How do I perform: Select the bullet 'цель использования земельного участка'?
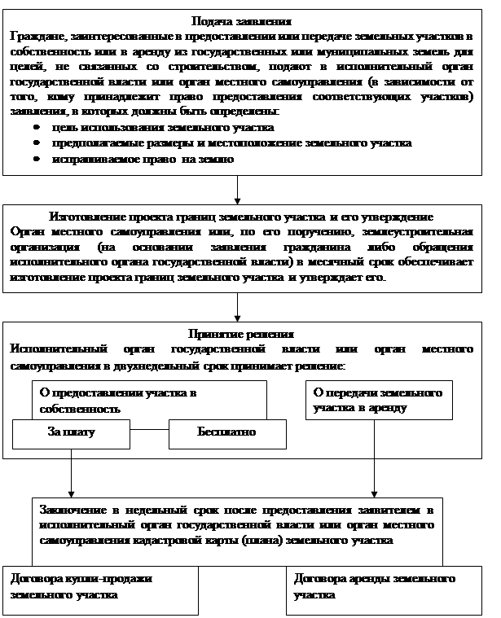[162, 128]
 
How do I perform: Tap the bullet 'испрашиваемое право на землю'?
[143, 159]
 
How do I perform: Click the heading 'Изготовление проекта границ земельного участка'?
[240, 217]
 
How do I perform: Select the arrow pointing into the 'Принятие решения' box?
[238, 307]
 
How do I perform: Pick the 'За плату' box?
[72, 433]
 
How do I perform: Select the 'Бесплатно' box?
[226, 433]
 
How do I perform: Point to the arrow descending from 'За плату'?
[72, 472]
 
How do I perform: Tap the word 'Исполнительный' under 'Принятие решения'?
[50, 349]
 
